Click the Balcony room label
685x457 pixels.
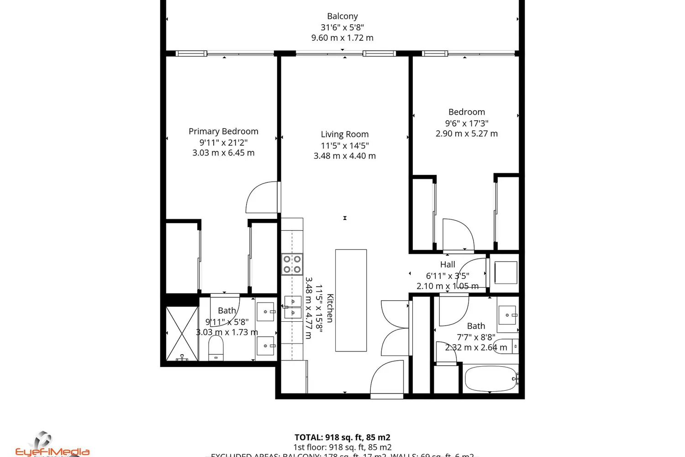[x=342, y=16]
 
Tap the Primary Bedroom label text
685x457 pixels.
[x=223, y=132]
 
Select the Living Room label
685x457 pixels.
[x=344, y=134]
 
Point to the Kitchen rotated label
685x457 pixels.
[x=330, y=308]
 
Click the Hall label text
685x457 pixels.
[x=448, y=265]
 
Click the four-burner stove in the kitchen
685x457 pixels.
[x=292, y=264]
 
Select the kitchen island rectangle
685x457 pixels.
[x=351, y=300]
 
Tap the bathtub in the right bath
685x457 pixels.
[x=490, y=379]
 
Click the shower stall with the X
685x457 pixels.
[x=181, y=334]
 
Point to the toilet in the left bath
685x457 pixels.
[x=216, y=348]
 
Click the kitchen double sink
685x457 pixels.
[x=292, y=307]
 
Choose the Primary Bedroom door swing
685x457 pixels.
[x=263, y=197]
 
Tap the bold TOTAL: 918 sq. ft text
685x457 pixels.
[x=342, y=437]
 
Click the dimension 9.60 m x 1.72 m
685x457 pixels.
[x=342, y=38]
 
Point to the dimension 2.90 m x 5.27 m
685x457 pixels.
[x=466, y=134]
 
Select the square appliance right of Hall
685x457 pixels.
[x=506, y=273]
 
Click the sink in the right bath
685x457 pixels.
[x=507, y=315]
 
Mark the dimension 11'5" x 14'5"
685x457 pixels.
[x=344, y=146]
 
